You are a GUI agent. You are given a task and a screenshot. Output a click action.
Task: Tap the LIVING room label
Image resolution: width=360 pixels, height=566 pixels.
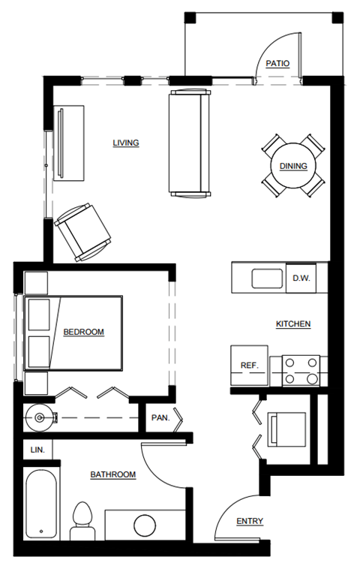pos(126,143)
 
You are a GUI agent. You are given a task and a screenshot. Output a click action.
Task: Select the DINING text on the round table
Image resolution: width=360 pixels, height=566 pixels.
pos(293,166)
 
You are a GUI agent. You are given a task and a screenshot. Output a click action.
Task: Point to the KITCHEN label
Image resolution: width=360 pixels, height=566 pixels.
pos(293,324)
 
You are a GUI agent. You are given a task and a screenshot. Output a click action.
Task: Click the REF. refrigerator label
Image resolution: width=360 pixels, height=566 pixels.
pos(249,366)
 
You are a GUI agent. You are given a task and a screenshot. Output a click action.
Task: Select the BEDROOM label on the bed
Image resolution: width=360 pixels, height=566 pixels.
pos(83,332)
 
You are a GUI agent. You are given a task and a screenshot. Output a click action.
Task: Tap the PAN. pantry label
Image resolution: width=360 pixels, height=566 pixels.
pos(160,417)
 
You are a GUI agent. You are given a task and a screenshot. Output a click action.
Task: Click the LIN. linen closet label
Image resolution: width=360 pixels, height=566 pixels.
pos(37,450)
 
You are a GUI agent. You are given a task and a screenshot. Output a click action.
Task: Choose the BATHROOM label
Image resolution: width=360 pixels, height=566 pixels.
pos(113,474)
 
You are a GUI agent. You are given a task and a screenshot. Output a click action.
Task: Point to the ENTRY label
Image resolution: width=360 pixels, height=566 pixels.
pos(249,521)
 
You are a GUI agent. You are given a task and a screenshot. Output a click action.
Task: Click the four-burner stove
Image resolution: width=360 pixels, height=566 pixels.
pos(300,371)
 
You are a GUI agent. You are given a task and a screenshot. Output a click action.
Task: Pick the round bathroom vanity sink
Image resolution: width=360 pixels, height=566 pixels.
pos(144,524)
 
